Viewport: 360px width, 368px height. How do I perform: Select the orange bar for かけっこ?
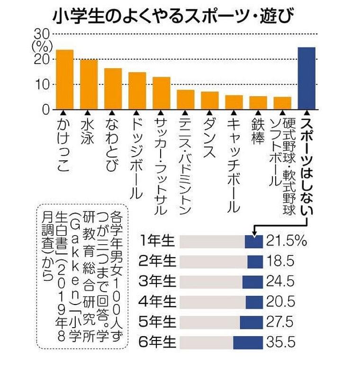pos(64,80)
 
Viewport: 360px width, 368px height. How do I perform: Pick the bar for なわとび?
pos(113,89)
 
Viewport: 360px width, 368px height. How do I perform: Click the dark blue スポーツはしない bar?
pos(306,78)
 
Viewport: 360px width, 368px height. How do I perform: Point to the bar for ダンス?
pos(210,100)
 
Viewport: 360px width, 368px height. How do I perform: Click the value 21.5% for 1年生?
pos(286,241)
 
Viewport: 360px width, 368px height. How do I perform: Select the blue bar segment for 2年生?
pos(255,261)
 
